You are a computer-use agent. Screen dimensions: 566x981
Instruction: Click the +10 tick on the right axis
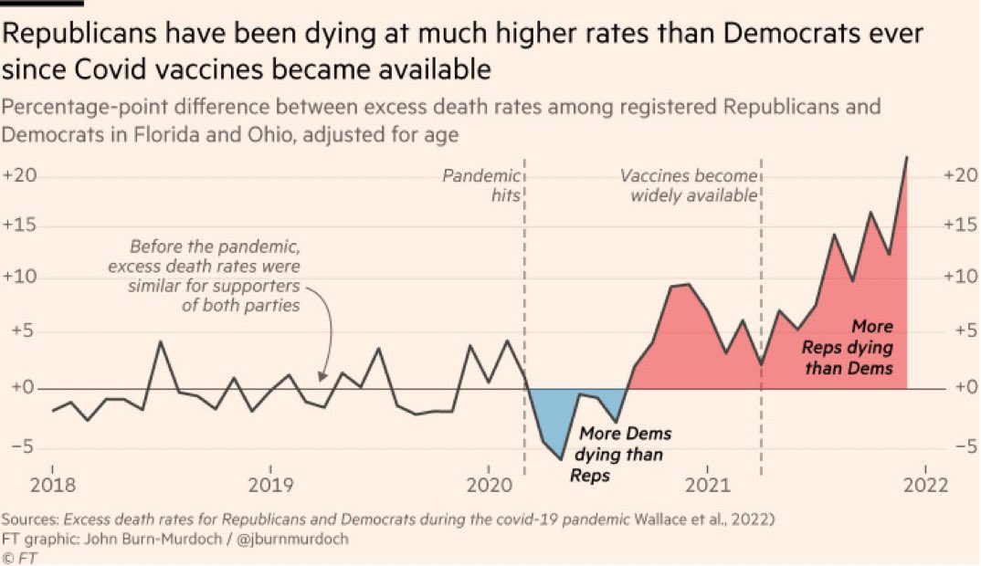pyautogui.click(x=960, y=278)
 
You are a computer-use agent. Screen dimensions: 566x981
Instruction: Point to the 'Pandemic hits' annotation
pyautogui.click(x=481, y=184)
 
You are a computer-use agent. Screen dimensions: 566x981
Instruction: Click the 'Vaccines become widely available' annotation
pyautogui.click(x=690, y=184)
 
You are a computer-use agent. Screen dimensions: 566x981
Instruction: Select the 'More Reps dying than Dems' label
pyautogui.click(x=847, y=347)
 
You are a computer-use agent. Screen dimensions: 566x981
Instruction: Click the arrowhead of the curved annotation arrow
pyautogui.click(x=322, y=376)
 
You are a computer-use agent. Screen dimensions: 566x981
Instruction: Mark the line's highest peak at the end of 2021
pyautogui.click(x=906, y=157)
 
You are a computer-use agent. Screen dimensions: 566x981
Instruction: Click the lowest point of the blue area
pyautogui.click(x=561, y=459)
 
